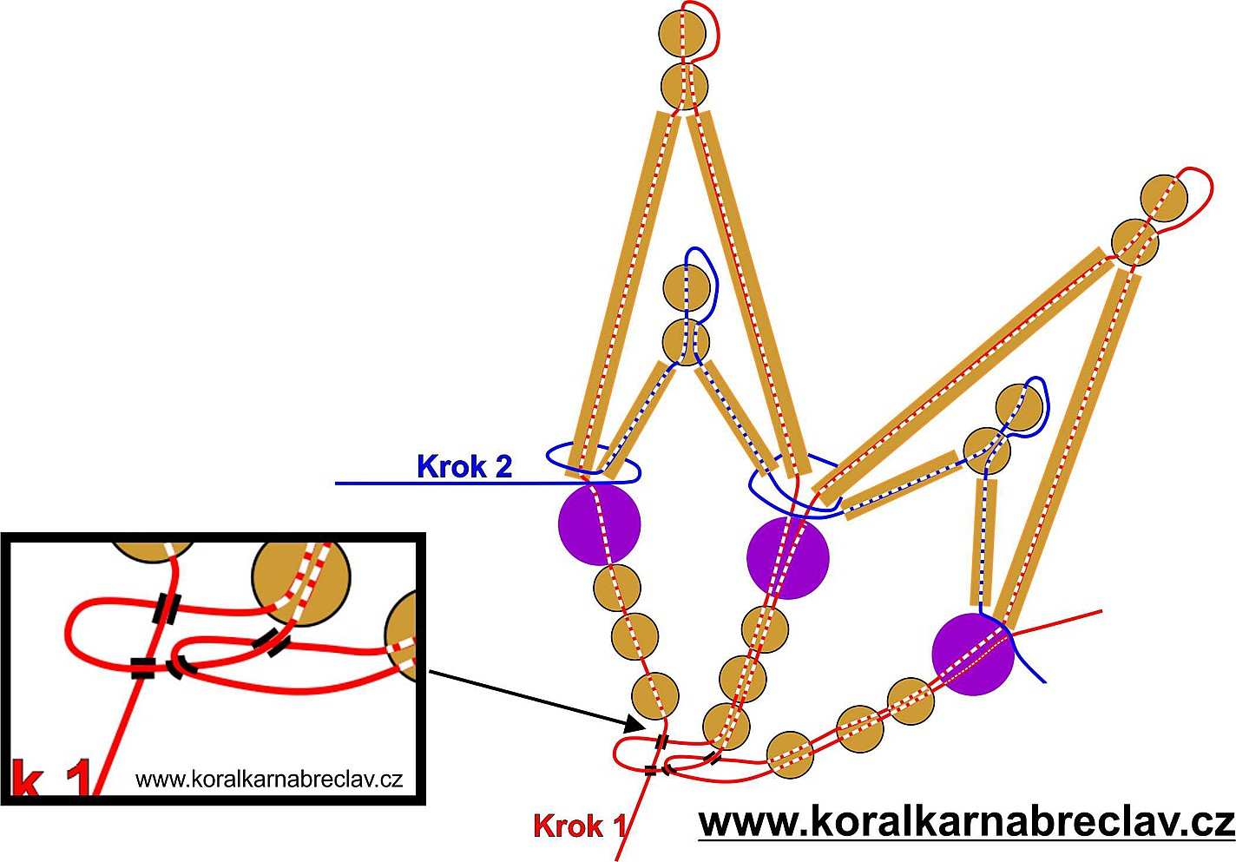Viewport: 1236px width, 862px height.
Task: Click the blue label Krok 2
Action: tap(464, 467)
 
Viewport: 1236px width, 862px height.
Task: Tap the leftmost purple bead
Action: tap(599, 523)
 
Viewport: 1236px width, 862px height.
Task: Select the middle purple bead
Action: tap(788, 557)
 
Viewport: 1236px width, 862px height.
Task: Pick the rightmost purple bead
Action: tap(973, 655)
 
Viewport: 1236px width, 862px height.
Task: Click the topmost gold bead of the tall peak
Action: tap(682, 32)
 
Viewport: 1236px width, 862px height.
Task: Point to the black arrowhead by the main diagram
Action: tap(636, 723)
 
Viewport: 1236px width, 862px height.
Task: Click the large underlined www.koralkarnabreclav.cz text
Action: tap(966, 822)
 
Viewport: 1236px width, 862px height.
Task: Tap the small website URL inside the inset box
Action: tap(269, 779)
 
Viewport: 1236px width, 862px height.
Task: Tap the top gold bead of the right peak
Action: tap(1164, 199)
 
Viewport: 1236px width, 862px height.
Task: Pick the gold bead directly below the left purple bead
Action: tap(617, 588)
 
